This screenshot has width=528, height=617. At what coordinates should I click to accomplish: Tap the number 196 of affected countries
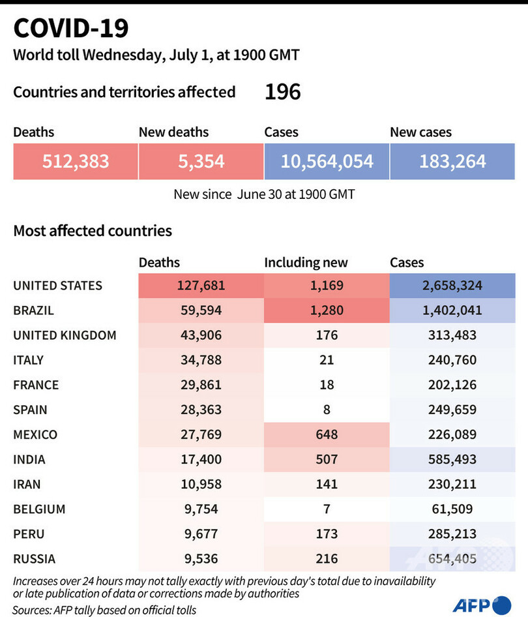(x=282, y=92)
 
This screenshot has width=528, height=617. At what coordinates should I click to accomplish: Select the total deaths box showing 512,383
(x=76, y=161)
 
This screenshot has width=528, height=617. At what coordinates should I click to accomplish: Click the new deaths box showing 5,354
(x=201, y=161)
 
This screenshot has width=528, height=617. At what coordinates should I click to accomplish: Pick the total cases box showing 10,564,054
(x=327, y=161)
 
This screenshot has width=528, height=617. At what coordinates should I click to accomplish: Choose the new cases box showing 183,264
(x=452, y=161)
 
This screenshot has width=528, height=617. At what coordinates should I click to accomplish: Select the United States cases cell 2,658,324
(x=452, y=286)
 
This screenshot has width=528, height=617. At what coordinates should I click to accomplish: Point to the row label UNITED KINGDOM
(x=65, y=335)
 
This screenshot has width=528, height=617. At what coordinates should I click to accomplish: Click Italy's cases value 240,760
(x=452, y=360)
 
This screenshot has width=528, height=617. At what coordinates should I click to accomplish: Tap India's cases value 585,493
(x=452, y=459)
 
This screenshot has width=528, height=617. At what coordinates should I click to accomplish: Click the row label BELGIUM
(x=40, y=509)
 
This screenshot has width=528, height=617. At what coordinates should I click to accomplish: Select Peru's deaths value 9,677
(x=201, y=534)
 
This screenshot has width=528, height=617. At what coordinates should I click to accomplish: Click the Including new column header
(x=306, y=263)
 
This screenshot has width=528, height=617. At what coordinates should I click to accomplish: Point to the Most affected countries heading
(x=93, y=231)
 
